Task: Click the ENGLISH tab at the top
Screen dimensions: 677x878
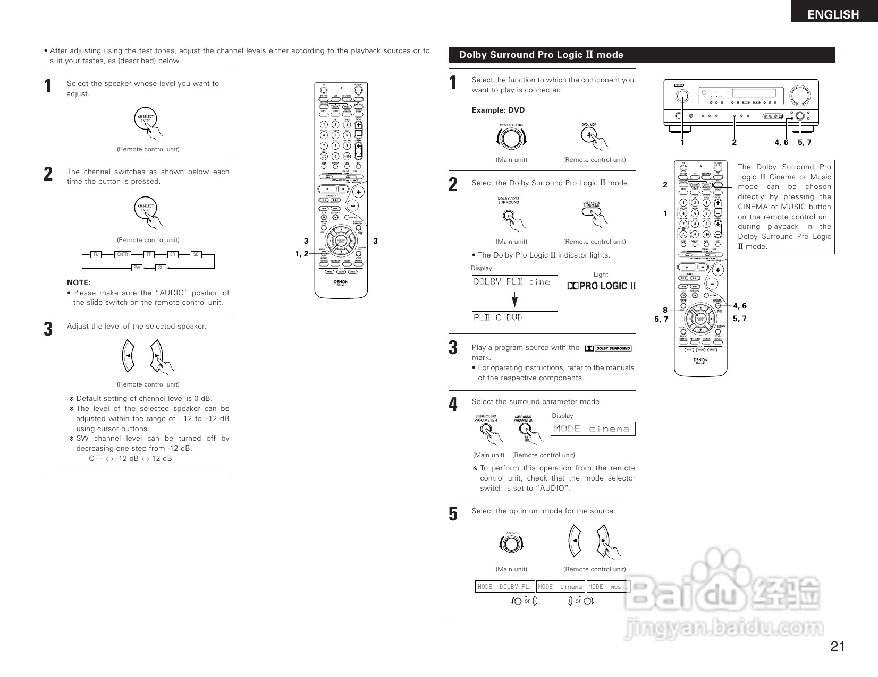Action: pyautogui.click(x=833, y=14)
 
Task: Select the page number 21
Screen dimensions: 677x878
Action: pyautogui.click(x=838, y=646)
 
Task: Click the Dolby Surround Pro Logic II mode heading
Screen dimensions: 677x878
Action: pyautogui.click(x=541, y=55)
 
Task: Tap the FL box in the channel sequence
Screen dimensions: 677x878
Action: pyautogui.click(x=96, y=255)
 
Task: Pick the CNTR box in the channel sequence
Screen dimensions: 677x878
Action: pyautogui.click(x=123, y=255)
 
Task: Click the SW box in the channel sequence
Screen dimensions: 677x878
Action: pyautogui.click(x=137, y=268)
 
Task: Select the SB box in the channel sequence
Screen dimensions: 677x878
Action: pyautogui.click(x=196, y=255)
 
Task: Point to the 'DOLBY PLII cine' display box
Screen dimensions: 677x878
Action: pyautogui.click(x=514, y=281)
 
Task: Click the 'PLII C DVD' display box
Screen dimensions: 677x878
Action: pyautogui.click(x=514, y=318)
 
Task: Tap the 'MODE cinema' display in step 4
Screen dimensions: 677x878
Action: pyautogui.click(x=593, y=429)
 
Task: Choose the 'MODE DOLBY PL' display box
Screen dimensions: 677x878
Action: pyautogui.click(x=504, y=587)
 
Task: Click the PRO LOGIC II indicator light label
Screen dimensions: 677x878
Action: pyautogui.click(x=601, y=286)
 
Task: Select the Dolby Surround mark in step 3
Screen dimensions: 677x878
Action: pyautogui.click(x=608, y=348)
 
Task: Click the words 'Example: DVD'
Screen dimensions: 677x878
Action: pyautogui.click(x=498, y=110)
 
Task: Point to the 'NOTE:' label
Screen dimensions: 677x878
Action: pyautogui.click(x=79, y=282)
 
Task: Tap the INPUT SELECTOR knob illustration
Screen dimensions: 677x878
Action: pyautogui.click(x=511, y=139)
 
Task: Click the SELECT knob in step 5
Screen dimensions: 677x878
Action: pyautogui.click(x=511, y=544)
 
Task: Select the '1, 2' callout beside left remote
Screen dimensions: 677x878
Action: pyautogui.click(x=301, y=254)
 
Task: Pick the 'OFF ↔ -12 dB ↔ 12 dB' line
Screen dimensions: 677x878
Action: pyautogui.click(x=130, y=458)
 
